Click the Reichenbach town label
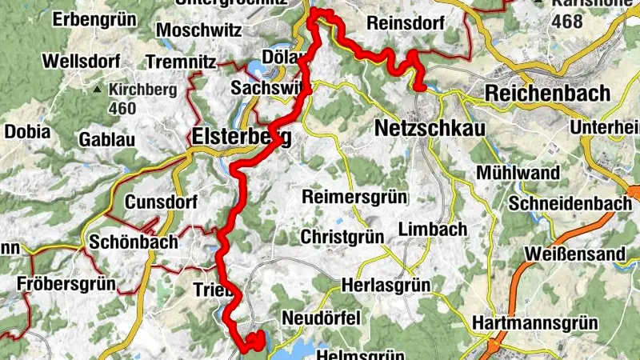[547, 93]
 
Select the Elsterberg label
[240, 138]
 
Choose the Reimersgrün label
[354, 197]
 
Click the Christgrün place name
[342, 237]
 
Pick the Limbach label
[432, 230]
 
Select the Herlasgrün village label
[386, 285]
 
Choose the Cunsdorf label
[161, 202]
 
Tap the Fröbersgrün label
[67, 283]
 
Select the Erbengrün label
[90, 19]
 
